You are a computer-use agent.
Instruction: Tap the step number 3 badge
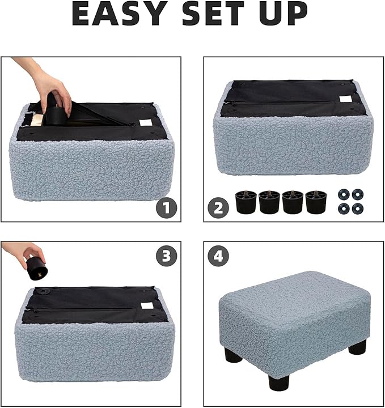(x=166, y=256)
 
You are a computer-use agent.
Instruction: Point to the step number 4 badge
(x=218, y=257)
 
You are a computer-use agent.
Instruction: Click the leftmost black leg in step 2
(x=246, y=202)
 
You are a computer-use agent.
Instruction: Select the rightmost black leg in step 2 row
(x=316, y=202)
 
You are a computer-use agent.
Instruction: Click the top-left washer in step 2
(x=343, y=194)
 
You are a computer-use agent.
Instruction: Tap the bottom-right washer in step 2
(x=357, y=208)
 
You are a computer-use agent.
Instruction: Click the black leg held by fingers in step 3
(x=37, y=268)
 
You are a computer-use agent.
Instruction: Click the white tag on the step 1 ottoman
(x=147, y=122)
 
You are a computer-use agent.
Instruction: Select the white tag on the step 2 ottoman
(x=346, y=99)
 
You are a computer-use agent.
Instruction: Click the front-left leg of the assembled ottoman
(x=232, y=356)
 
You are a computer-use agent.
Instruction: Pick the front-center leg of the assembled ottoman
(x=278, y=382)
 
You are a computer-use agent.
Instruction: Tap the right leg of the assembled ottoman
(x=357, y=347)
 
